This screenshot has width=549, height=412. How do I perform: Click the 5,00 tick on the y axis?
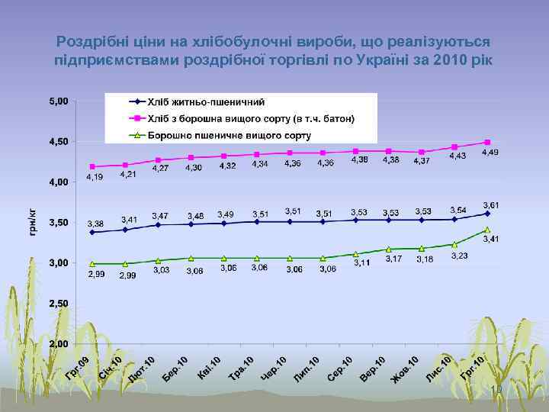(x=59, y=101)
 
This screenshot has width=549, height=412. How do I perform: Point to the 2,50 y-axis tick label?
(x=59, y=304)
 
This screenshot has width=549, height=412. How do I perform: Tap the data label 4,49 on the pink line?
(x=490, y=153)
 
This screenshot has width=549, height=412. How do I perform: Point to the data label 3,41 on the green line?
(x=493, y=239)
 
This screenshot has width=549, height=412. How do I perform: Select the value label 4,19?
(x=95, y=177)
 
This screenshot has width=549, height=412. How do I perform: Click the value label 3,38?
(x=95, y=224)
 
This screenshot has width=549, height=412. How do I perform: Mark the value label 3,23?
(x=459, y=256)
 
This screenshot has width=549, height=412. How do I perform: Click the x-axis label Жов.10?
(x=406, y=369)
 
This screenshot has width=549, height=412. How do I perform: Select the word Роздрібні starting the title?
(x=90, y=41)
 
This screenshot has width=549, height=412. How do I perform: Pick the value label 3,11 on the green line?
(x=361, y=262)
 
